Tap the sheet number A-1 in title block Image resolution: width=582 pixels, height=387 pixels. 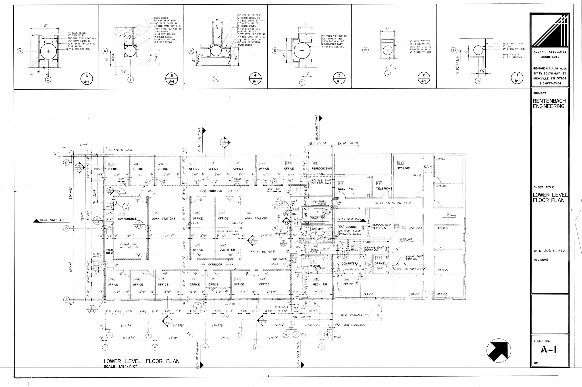pyautogui.click(x=548, y=350)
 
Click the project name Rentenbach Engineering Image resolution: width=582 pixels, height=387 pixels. pyautogui.click(x=549, y=104)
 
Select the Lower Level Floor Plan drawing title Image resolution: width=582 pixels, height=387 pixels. pyautogui.click(x=142, y=361)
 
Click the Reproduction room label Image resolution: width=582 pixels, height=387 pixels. pyautogui.click(x=321, y=169)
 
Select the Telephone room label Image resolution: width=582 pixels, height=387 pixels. pyautogui.click(x=384, y=189)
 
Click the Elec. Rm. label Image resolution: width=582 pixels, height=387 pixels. pyautogui.click(x=346, y=189)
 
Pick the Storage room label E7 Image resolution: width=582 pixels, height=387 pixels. pyautogui.click(x=403, y=168)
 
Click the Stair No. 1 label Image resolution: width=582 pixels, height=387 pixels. pyautogui.click(x=319, y=218)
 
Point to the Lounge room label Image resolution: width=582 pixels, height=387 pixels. pyautogui.click(x=351, y=227)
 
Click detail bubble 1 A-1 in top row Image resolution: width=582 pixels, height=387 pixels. pyautogui.click(x=517, y=78)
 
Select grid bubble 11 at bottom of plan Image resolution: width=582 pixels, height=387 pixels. pyautogui.click(x=321, y=347)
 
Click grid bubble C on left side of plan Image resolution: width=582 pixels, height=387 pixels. pyautogui.click(x=66, y=163)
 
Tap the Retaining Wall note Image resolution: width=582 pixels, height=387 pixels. pyautogui.click(x=120, y=150)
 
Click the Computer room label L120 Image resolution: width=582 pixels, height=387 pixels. pyautogui.click(x=227, y=250)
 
